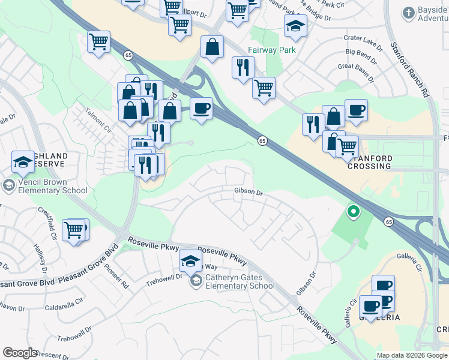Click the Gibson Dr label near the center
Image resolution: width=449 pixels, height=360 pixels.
(249, 193)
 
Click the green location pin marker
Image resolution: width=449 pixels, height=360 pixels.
(354, 211)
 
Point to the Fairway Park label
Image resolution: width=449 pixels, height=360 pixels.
(271, 50)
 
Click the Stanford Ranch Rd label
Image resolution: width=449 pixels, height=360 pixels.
(411, 69)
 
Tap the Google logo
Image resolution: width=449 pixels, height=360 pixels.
(20, 353)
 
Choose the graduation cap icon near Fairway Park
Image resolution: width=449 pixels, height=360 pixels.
(295, 26)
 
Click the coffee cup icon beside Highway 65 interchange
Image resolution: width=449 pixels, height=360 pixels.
(201, 109)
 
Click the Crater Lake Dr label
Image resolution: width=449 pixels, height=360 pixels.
(363, 38)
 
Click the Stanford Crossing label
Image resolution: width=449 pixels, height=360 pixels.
(370, 162)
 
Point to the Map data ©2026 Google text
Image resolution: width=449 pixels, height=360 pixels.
(412, 355)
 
